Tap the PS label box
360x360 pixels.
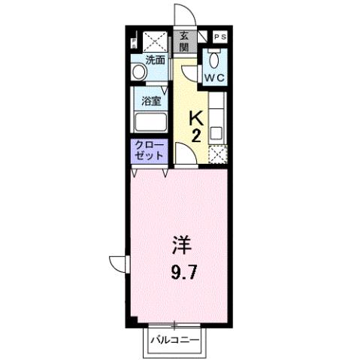pyautogui.click(x=220, y=35)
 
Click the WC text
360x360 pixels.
pyautogui.click(x=217, y=77)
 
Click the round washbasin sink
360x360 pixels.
pyautogui.click(x=138, y=73)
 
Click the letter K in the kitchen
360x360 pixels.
pyautogui.click(x=195, y=117)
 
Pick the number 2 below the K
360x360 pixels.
pyautogui.click(x=195, y=136)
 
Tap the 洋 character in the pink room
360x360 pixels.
pyautogui.click(x=181, y=246)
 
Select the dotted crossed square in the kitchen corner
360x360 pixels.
pyautogui.click(x=217, y=155)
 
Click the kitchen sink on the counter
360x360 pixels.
pyautogui.click(x=216, y=134)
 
